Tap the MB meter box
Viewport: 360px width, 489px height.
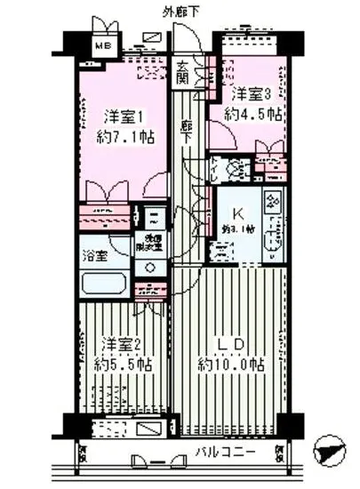click(104, 45)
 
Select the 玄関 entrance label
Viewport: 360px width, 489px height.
click(182, 71)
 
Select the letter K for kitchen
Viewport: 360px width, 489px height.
click(237, 212)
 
